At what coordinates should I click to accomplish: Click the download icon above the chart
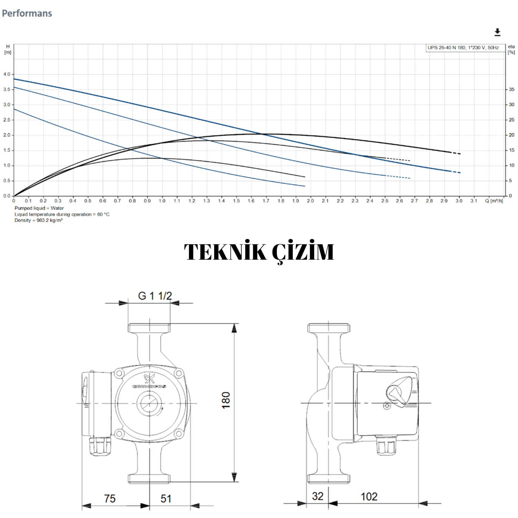tap(497, 32)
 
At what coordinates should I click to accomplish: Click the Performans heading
tap(27, 13)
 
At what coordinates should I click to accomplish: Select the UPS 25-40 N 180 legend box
tap(463, 48)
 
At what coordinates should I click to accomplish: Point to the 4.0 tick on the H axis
tap(7, 74)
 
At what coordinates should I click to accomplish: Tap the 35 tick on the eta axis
tap(511, 89)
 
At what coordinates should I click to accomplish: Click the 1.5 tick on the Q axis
tap(236, 201)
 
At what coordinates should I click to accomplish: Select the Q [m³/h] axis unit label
tap(494, 201)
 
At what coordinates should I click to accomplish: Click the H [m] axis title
tap(8, 49)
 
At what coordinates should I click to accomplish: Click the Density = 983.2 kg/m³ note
tap(38, 220)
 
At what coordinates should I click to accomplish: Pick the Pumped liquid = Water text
tap(39, 208)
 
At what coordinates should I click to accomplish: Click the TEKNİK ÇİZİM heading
tap(259, 252)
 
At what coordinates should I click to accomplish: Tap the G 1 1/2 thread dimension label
tap(155, 296)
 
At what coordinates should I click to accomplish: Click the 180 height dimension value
tap(226, 400)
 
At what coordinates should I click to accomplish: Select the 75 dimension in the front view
tap(109, 498)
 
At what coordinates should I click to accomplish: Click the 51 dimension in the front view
tap(166, 498)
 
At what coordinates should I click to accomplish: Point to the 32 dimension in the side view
tap(317, 496)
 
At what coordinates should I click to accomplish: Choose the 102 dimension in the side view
tap(369, 497)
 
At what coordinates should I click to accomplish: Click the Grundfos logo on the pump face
tap(150, 381)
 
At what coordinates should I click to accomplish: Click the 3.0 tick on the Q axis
tap(459, 201)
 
